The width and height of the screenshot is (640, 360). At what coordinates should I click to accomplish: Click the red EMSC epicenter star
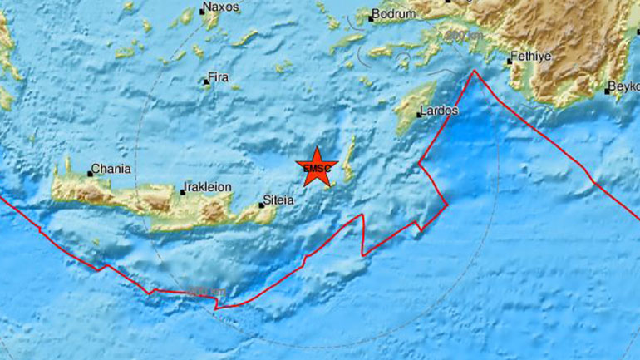coord(318,166)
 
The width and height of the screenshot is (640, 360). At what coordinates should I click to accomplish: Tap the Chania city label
coord(112,169)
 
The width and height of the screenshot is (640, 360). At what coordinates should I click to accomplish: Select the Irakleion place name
coord(209,188)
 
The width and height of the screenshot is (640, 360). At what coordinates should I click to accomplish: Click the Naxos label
coord(222,7)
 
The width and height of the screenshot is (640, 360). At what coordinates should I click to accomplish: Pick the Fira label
coord(219,77)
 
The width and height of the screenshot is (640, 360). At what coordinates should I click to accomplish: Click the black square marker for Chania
coord(91,174)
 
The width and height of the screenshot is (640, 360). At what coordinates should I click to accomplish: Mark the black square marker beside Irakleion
coord(183,193)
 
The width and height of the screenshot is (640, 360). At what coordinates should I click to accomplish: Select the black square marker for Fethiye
coord(510,61)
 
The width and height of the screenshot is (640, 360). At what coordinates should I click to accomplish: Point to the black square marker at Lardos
coord(418,115)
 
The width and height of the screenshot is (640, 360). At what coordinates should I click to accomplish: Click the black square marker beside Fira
coord(207,81)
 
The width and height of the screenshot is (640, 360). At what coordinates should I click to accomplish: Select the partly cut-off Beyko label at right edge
coord(624,86)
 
